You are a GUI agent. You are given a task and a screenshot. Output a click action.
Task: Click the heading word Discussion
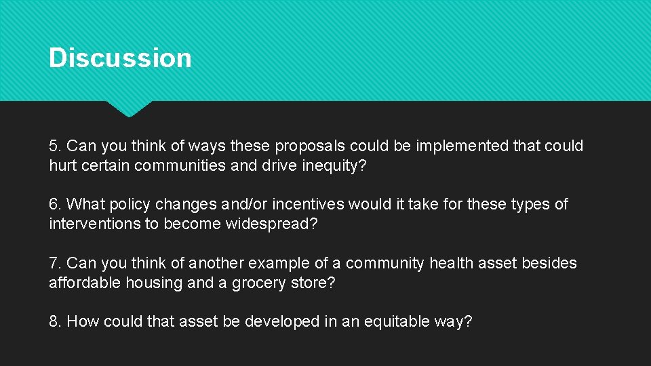click(x=120, y=58)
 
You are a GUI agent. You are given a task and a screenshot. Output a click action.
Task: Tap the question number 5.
click(x=55, y=146)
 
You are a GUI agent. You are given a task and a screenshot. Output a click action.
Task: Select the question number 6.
click(x=55, y=205)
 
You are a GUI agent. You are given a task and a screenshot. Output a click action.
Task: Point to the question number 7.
click(x=55, y=263)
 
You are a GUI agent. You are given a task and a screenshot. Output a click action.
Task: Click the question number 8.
click(x=55, y=321)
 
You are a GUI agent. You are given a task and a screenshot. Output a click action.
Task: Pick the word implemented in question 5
click(x=448, y=146)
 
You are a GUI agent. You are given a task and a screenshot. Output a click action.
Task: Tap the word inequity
click(x=330, y=166)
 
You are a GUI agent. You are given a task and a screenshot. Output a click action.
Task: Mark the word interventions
click(x=94, y=224)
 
